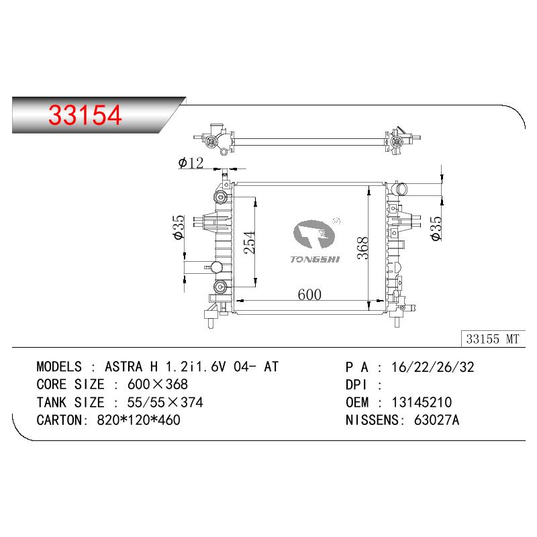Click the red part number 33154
85,115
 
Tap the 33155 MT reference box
493,339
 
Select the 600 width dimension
309,294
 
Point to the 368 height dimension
362,248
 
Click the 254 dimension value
250,242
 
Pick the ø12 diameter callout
191,162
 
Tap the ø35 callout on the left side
179,227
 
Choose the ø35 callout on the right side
436,229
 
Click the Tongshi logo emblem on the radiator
314,234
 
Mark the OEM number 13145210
422,402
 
